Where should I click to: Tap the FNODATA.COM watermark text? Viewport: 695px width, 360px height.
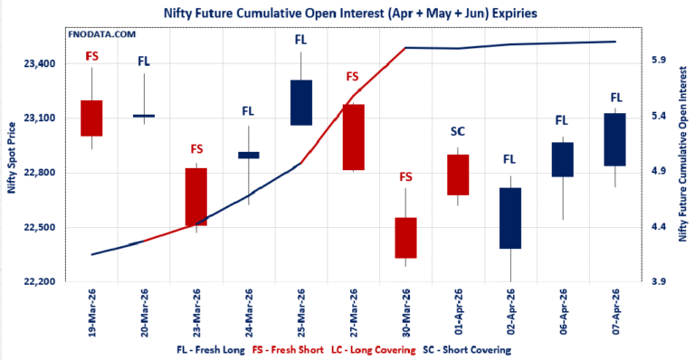click(102, 33)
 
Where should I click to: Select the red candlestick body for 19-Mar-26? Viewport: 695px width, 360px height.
click(91, 118)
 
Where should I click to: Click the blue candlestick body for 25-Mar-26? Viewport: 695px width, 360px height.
click(301, 102)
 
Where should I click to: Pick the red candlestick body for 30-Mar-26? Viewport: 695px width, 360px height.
click(405, 238)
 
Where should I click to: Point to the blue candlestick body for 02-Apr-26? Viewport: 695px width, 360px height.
click(509, 218)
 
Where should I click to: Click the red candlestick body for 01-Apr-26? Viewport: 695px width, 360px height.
click(458, 175)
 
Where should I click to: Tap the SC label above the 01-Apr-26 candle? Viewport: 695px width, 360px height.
click(458, 132)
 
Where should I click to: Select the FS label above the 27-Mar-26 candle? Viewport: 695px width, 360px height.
click(353, 77)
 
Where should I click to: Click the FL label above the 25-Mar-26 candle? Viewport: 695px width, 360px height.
click(301, 40)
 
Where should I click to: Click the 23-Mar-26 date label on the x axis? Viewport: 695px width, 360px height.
click(197, 311)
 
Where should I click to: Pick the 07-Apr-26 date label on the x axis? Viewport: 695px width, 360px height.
click(614, 311)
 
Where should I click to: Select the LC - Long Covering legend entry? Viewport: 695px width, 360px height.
click(376, 349)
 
